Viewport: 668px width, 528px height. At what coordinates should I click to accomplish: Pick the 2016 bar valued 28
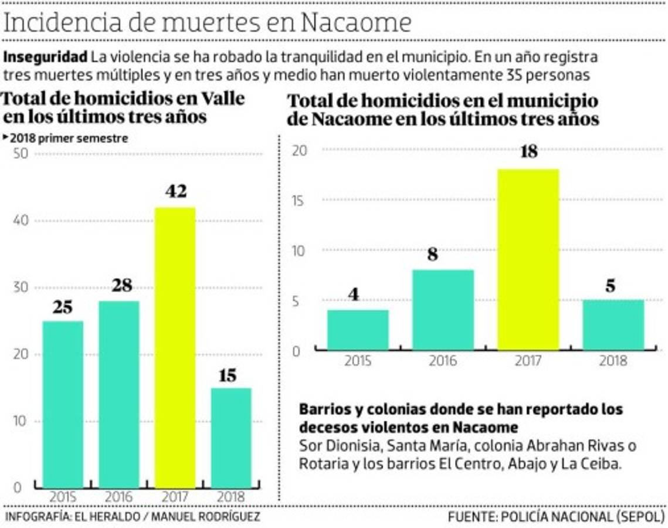click(118, 394)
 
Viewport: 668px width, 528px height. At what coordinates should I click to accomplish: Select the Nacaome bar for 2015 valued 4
click(358, 330)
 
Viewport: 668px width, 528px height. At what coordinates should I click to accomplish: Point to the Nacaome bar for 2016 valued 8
click(443, 310)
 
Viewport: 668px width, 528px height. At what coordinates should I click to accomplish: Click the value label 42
click(175, 192)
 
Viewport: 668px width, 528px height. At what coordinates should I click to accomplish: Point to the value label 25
click(63, 307)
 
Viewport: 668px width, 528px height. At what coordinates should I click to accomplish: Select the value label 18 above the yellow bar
click(528, 152)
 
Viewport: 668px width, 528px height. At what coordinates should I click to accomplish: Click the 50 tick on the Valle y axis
click(19, 154)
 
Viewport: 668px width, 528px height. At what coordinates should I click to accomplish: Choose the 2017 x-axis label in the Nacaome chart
click(528, 360)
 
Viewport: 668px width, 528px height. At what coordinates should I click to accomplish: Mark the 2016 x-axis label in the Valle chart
click(118, 497)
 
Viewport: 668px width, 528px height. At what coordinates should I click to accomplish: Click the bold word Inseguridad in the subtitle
click(46, 57)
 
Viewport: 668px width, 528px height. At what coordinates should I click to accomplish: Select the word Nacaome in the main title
click(355, 23)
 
